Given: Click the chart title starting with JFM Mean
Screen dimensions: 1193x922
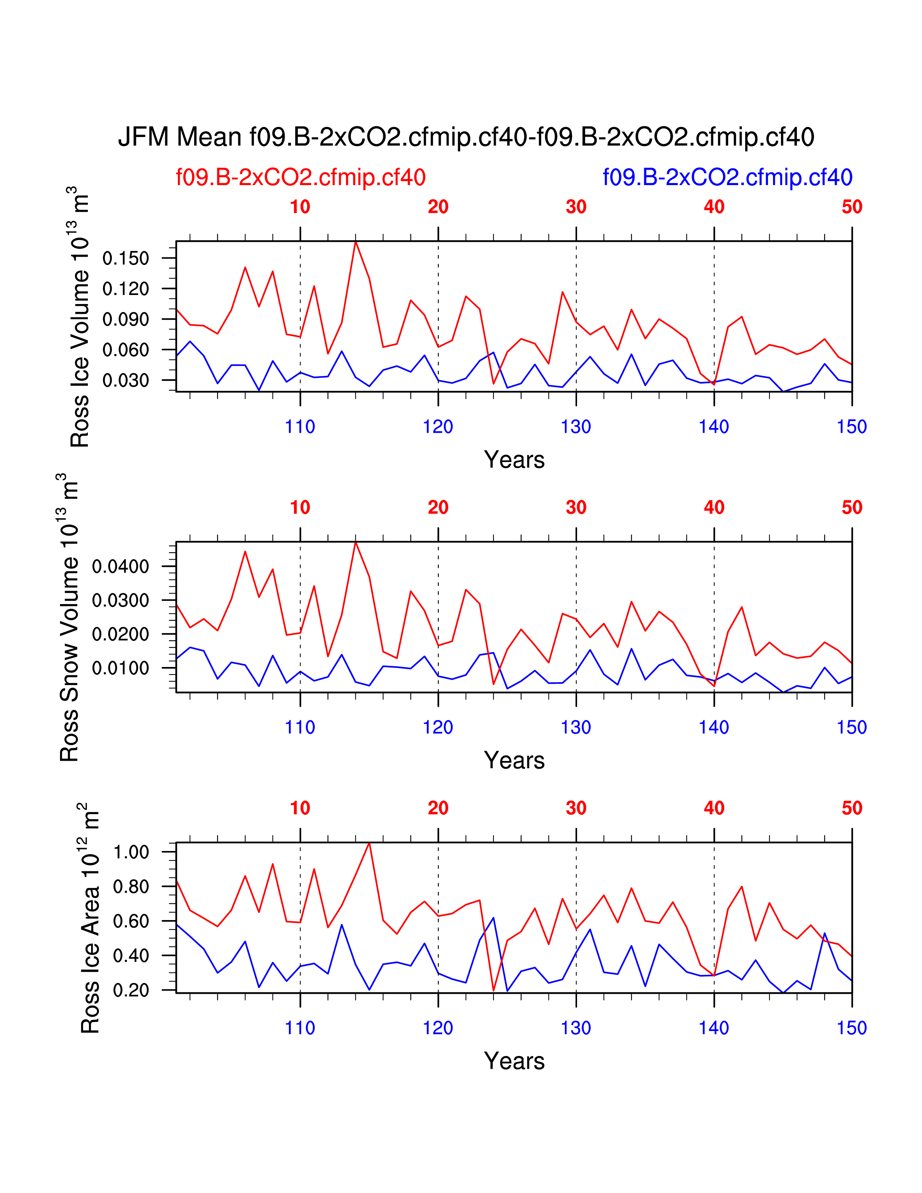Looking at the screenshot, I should (x=466, y=137).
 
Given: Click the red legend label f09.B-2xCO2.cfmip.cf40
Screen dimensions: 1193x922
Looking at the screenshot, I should (x=300, y=178).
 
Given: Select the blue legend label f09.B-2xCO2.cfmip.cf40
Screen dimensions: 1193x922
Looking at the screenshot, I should (x=727, y=178).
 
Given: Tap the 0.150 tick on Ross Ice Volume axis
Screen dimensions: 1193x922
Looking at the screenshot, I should (x=125, y=258).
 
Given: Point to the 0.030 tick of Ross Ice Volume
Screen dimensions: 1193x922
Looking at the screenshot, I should (x=125, y=380).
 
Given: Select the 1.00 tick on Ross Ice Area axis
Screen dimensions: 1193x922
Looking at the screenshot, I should (x=131, y=852).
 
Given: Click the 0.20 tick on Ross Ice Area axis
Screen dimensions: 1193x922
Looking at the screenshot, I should (x=131, y=990).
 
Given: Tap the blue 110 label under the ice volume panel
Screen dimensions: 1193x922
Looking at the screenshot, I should (x=300, y=427).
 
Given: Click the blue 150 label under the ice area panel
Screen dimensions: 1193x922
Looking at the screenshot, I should (x=851, y=1028).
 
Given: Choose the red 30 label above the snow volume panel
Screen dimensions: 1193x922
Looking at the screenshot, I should (x=576, y=508).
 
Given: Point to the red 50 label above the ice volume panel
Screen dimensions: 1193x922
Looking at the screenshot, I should (x=851, y=207).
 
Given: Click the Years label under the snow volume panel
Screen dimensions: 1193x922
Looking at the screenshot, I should (x=514, y=760).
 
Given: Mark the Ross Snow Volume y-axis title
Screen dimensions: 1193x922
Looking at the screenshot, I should (x=69, y=617).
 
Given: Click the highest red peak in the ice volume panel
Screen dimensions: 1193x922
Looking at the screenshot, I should (x=355, y=242).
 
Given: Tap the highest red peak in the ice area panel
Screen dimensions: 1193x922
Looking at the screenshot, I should (x=369, y=843).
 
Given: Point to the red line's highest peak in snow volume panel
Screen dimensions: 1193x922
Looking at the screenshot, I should (x=355, y=542).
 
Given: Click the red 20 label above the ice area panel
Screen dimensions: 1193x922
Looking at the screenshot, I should (x=438, y=808).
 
